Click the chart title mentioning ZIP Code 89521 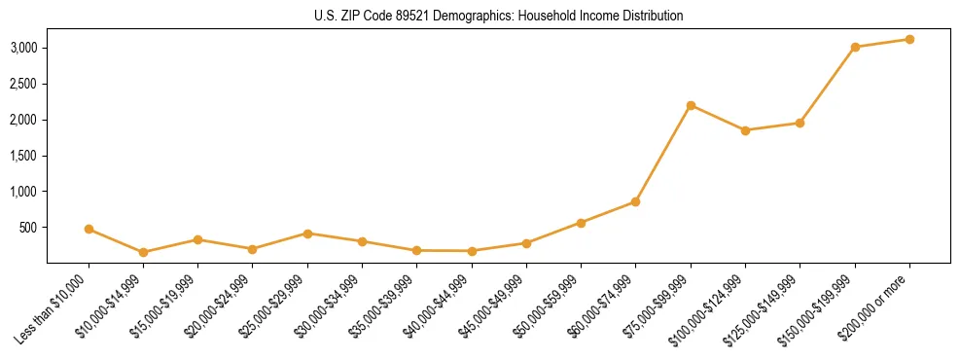(x=499, y=16)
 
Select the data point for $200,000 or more (x=909, y=39)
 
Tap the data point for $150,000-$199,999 (x=855, y=47)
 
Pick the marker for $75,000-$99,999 (x=691, y=105)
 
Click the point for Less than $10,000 (x=89, y=230)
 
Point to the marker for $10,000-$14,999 (x=143, y=252)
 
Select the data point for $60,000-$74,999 (x=635, y=201)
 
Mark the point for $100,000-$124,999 (x=745, y=130)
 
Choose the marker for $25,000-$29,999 (x=307, y=234)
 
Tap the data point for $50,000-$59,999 (x=581, y=223)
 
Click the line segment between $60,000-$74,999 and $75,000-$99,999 (x=663, y=153)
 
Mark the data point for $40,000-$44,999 (x=472, y=251)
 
